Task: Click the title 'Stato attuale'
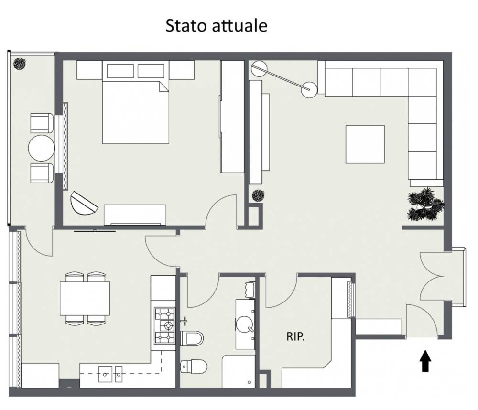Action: (x=216, y=26)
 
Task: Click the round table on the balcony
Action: (x=42, y=148)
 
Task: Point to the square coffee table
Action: (x=365, y=144)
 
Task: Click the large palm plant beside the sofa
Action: (x=425, y=204)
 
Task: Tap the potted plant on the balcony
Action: (x=20, y=64)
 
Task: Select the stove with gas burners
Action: (x=164, y=325)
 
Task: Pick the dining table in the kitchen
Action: (x=85, y=299)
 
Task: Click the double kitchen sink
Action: (x=110, y=374)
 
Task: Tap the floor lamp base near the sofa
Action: (x=309, y=90)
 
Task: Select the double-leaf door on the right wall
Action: (x=431, y=276)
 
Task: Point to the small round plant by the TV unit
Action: (x=258, y=195)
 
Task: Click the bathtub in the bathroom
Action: (x=239, y=371)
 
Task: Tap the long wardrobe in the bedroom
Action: (x=232, y=117)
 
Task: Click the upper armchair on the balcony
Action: (x=42, y=123)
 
